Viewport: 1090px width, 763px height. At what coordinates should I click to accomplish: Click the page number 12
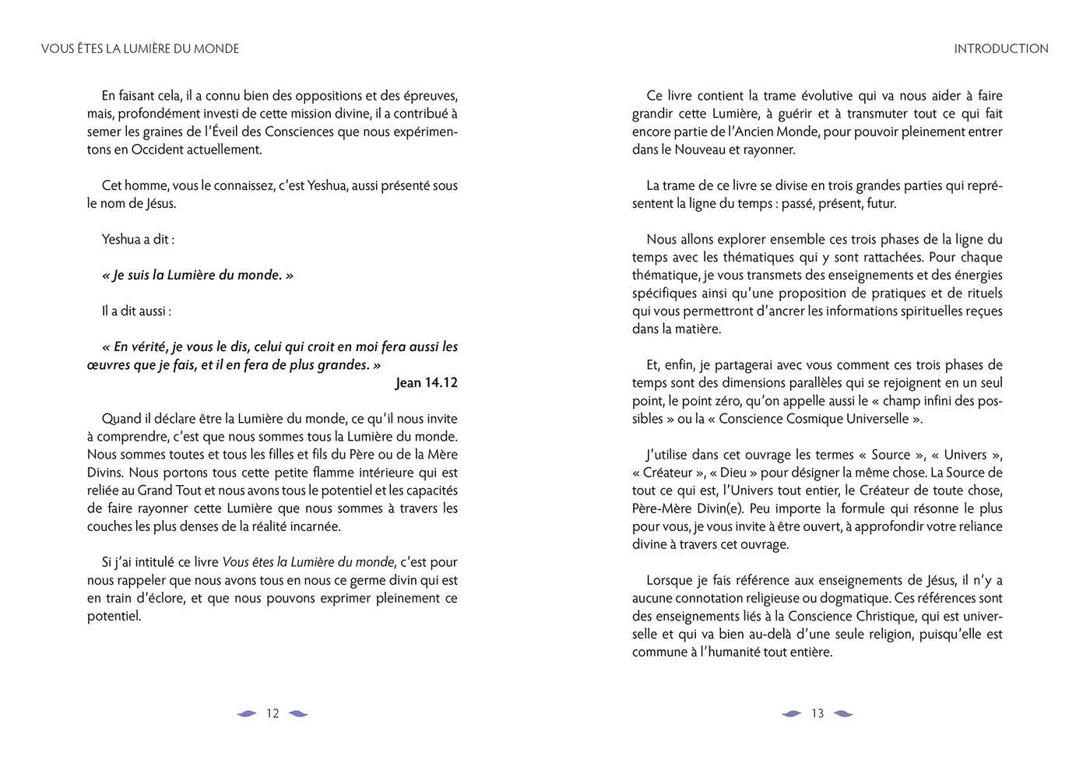pos(272,713)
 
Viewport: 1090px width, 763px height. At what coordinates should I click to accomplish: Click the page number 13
pos(817,713)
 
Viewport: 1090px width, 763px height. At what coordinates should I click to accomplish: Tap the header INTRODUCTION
pos(1001,48)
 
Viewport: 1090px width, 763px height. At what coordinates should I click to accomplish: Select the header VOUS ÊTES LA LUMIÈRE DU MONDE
pos(140,48)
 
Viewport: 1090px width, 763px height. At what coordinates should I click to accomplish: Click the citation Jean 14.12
pos(426,383)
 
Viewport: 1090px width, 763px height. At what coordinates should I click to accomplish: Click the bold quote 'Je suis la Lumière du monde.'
pos(198,275)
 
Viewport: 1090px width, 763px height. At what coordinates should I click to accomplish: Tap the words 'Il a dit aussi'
pos(136,311)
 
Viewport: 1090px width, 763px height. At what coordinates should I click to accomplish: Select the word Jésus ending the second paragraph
pos(161,204)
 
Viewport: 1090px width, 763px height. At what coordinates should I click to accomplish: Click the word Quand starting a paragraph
pos(121,419)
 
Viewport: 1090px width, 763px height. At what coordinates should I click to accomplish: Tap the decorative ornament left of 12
pos(247,713)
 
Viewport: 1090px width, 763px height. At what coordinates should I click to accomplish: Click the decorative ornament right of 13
pos(843,713)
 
